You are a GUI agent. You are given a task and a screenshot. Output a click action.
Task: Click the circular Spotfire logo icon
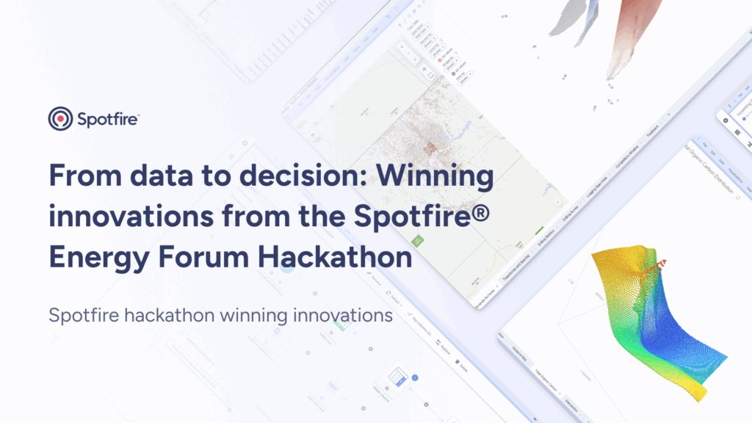point(60,118)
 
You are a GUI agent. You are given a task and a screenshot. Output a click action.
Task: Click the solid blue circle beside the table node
point(415,377)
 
